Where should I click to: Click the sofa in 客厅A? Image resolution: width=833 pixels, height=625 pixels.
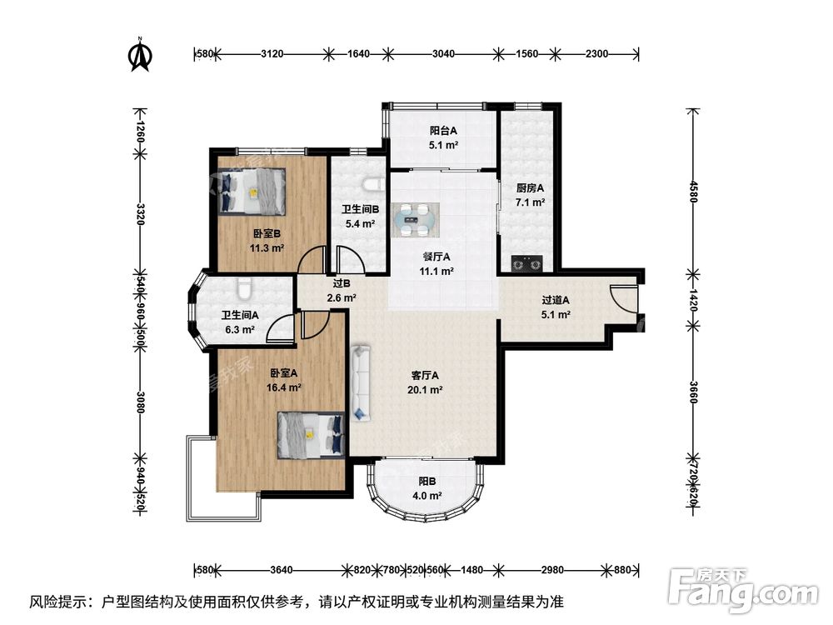click(x=360, y=382)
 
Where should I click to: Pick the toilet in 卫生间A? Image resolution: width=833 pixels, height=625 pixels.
click(x=243, y=289)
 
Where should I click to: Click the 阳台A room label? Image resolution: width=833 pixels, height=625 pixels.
click(x=443, y=131)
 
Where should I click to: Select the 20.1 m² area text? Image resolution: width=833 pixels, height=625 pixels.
click(x=425, y=389)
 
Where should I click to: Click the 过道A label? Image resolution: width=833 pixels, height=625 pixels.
click(x=556, y=301)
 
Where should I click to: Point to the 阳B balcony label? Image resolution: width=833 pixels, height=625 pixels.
click(x=426, y=481)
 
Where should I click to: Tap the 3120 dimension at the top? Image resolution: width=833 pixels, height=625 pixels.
click(x=273, y=54)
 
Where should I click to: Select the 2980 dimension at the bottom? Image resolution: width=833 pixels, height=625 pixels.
click(x=551, y=571)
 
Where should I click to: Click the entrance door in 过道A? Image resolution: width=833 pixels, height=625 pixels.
click(x=623, y=301)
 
